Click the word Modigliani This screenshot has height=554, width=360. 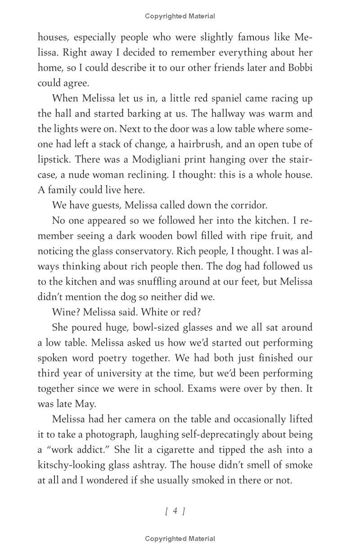point(130,160)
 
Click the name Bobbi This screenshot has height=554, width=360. point(299,67)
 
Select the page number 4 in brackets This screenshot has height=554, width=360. point(175,510)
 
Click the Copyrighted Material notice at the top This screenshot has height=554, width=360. point(180,16)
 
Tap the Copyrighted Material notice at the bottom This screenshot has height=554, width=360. point(180,538)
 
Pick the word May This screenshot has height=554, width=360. point(85,404)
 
